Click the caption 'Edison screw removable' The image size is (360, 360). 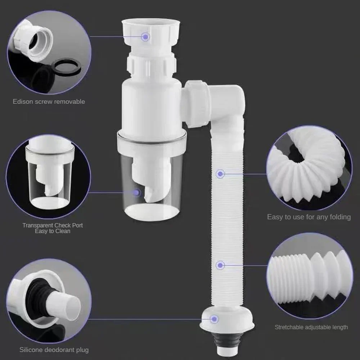(x=49, y=102)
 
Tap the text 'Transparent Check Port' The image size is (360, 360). (x=53, y=225)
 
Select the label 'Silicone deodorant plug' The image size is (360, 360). (x=54, y=350)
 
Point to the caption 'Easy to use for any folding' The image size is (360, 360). (x=309, y=217)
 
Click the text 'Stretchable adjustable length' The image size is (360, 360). (x=311, y=327)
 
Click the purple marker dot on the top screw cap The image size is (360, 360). (x=145, y=36)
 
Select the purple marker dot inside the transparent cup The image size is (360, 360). (x=136, y=193)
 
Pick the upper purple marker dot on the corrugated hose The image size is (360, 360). (x=221, y=174)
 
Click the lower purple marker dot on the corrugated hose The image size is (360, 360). (x=220, y=265)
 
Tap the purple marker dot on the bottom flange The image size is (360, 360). (x=215, y=319)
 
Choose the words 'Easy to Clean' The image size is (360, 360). (x=53, y=231)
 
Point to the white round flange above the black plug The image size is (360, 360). (x=227, y=320)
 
